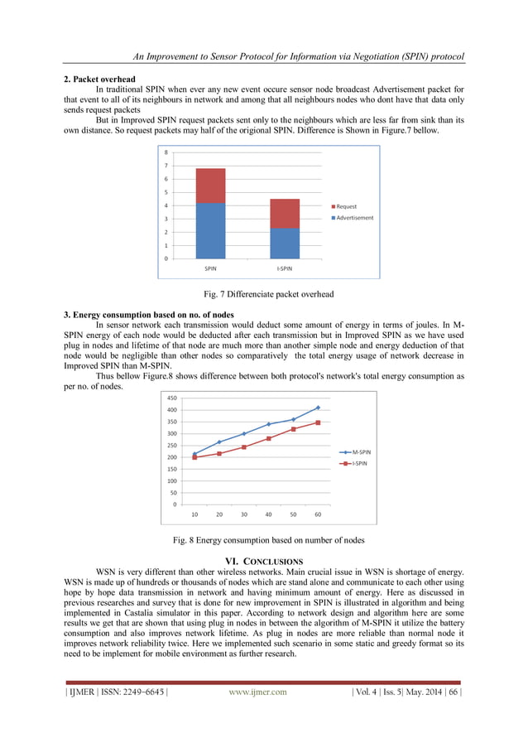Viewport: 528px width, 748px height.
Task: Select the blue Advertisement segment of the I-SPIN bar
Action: pyautogui.click(x=284, y=244)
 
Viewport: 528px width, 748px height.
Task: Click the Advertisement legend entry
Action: pyautogui.click(x=353, y=218)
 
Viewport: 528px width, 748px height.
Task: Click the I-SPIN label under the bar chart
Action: pyautogui.click(x=284, y=269)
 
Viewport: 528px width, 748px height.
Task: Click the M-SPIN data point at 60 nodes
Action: pyautogui.click(x=318, y=408)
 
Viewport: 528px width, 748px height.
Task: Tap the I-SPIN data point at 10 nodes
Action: pyautogui.click(x=194, y=457)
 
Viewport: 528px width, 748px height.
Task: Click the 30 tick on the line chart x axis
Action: pyautogui.click(x=244, y=514)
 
